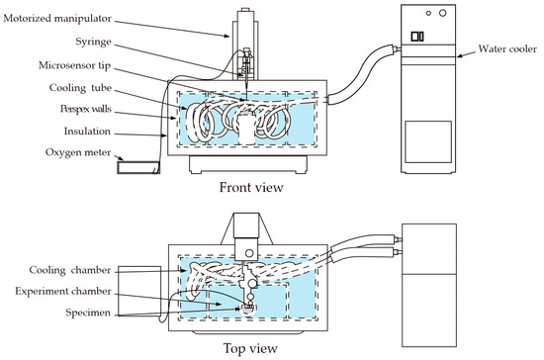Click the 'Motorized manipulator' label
point(57,19)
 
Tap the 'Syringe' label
point(94,42)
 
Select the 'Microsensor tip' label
point(74,65)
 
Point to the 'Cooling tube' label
point(80,88)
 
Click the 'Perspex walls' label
point(86,109)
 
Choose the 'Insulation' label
point(87,132)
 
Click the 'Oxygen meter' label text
point(78,152)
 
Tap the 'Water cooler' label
point(507,48)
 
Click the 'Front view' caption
point(251,187)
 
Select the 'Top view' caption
point(250,348)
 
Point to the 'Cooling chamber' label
point(70,270)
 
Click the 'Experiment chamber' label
point(63,292)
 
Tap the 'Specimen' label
point(88,313)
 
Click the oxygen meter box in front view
point(138,168)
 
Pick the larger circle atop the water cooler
point(443,13)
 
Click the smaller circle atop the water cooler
point(428,13)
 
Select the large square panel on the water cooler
point(428,141)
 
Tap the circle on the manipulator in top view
point(248,253)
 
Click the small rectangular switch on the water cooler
point(417,37)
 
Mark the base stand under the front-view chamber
point(248,164)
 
